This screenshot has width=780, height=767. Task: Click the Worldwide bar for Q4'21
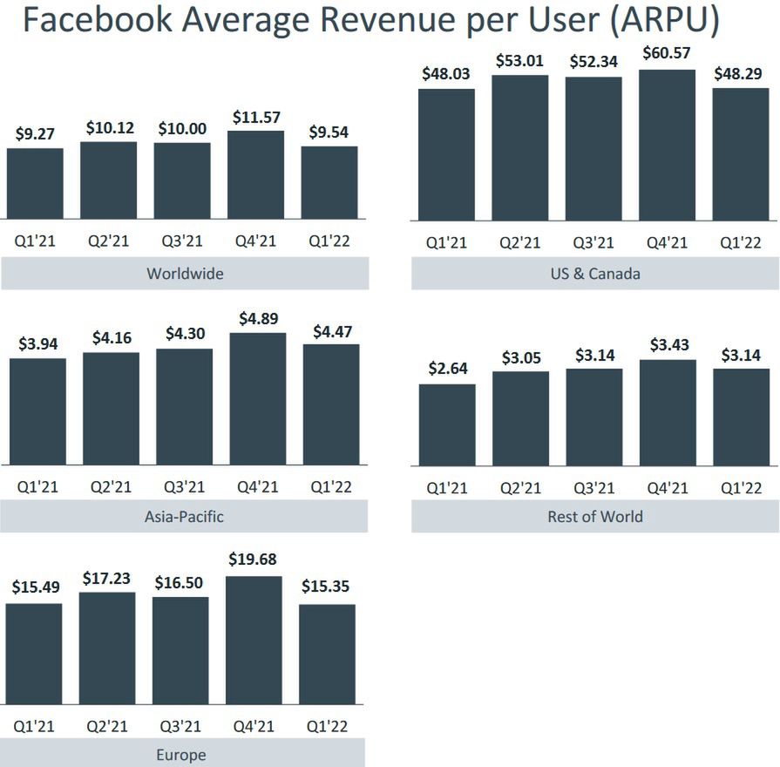point(256,174)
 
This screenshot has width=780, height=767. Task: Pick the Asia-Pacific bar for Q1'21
point(37,411)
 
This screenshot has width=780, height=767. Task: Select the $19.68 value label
point(254,559)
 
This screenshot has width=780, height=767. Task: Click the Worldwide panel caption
point(185,274)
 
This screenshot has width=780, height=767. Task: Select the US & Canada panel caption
point(596,274)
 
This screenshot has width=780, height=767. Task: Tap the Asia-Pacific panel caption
point(184,516)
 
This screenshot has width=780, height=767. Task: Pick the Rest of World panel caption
point(595,516)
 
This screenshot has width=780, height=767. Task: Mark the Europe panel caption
point(182,754)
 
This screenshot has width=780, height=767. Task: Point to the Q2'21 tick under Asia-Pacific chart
point(112,487)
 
